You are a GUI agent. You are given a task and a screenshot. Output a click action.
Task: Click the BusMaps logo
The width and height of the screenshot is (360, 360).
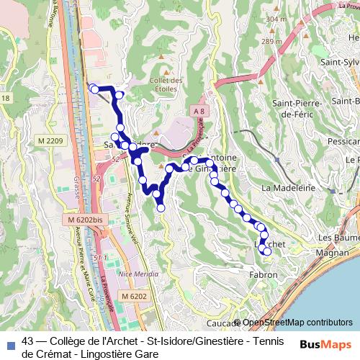pos(325,345)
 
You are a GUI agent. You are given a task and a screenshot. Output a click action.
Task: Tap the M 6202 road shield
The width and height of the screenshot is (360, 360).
pos(134,296)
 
